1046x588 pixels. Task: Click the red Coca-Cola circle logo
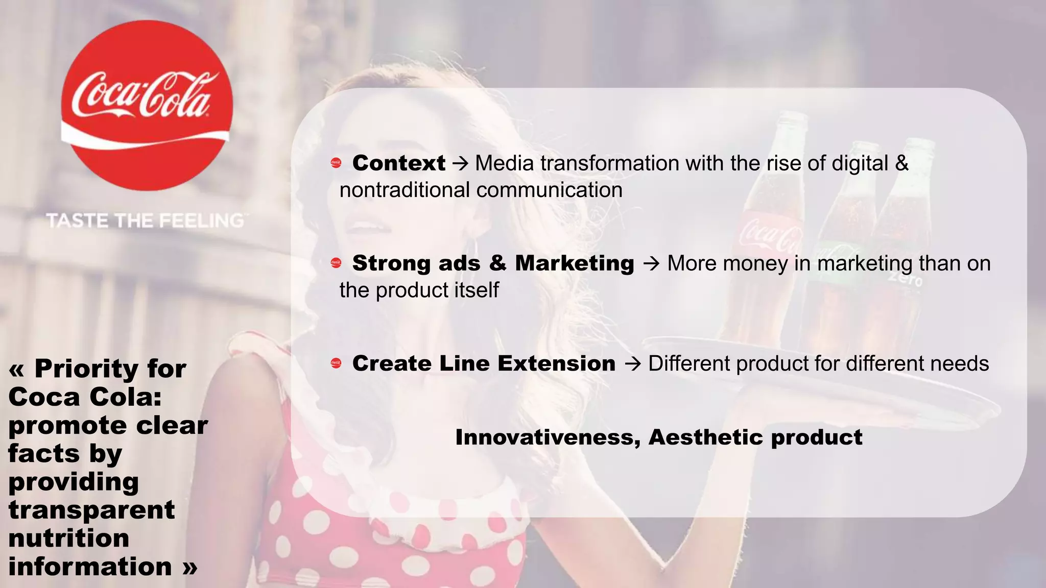tap(147, 106)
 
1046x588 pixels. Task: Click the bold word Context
tap(399, 163)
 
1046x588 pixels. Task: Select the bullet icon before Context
tap(336, 163)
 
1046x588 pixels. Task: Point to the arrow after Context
tap(460, 164)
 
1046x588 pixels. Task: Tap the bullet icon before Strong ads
tap(336, 263)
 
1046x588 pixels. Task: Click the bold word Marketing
tap(574, 263)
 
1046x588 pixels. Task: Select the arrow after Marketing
tap(651, 264)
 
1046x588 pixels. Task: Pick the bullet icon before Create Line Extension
tap(336, 363)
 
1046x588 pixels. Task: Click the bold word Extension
tap(556, 363)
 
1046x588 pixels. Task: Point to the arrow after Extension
tap(632, 364)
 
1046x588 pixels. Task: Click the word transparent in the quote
tap(92, 510)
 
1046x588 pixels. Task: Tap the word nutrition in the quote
tap(69, 538)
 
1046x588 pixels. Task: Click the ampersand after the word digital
tap(901, 163)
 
